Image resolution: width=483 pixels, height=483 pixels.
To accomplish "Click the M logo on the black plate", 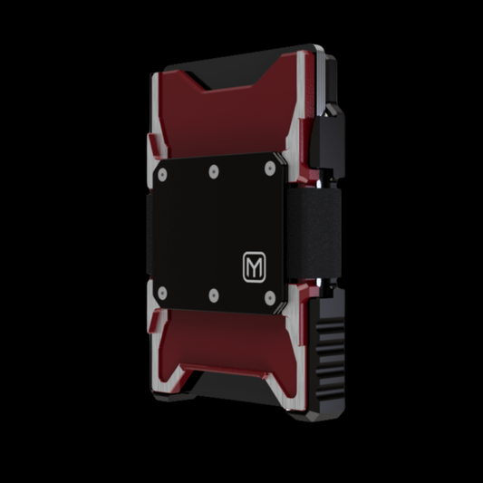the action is pos(254,267).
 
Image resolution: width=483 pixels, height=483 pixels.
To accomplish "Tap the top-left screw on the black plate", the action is pos(162,175).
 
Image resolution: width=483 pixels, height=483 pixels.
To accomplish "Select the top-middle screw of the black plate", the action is pos(214,171).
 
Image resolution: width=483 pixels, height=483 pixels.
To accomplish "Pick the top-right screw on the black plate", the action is pos(270,169).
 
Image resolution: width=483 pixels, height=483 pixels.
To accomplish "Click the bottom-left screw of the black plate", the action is pos(162,294).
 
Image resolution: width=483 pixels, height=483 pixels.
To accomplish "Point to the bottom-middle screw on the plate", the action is pos(214,295).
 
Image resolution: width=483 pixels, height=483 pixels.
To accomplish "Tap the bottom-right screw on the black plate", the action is pos(270,298).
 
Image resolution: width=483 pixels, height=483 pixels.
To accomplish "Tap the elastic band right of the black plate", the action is pos(314,233).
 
